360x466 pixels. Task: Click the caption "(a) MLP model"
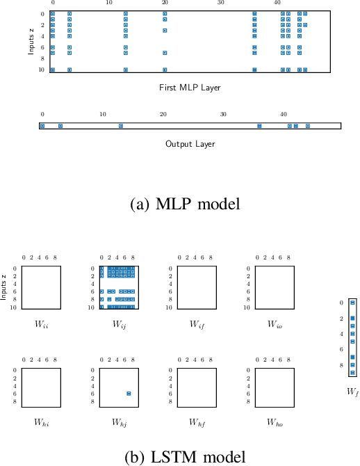tap(186, 204)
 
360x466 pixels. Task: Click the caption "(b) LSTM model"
tap(184, 457)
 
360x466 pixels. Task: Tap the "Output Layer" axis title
tap(190, 144)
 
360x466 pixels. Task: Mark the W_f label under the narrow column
tap(352, 392)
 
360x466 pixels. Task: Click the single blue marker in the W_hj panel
tap(129, 394)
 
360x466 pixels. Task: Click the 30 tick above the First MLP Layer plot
tap(220, 3)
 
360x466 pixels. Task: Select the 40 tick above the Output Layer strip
tap(284, 114)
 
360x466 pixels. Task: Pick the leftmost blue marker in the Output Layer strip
tap(42, 126)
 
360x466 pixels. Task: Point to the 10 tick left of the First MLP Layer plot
tap(42, 70)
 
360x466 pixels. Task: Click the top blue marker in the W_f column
tap(352, 303)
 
